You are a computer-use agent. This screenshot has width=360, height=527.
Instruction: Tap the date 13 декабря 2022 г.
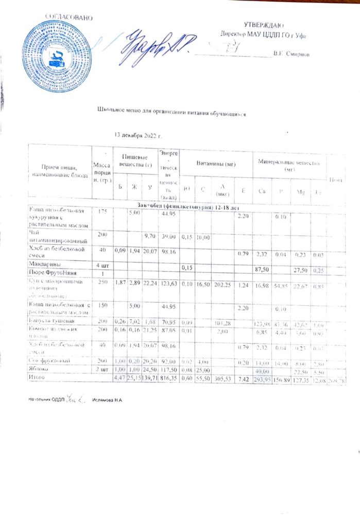(x=138, y=135)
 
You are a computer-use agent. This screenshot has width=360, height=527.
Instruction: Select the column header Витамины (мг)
(x=216, y=164)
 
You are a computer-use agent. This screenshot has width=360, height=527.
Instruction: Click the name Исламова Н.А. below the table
(x=107, y=399)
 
